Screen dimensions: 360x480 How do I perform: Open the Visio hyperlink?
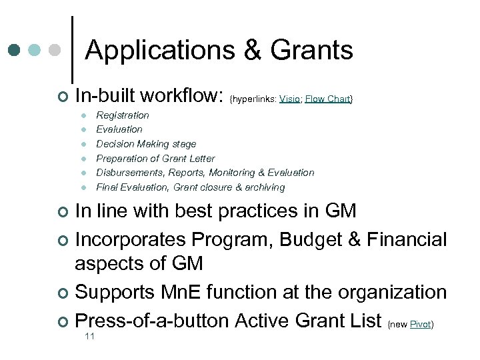(289, 99)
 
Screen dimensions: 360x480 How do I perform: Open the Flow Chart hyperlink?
(328, 99)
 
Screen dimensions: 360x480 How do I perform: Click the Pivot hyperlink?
(420, 325)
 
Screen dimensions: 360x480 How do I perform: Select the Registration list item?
(123, 115)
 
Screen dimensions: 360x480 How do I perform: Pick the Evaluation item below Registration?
(119, 129)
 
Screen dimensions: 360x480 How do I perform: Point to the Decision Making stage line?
(146, 144)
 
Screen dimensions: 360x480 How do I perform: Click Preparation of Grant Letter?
(155, 159)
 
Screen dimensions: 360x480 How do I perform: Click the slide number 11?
(90, 337)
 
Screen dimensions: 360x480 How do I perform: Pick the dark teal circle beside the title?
(15, 50)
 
